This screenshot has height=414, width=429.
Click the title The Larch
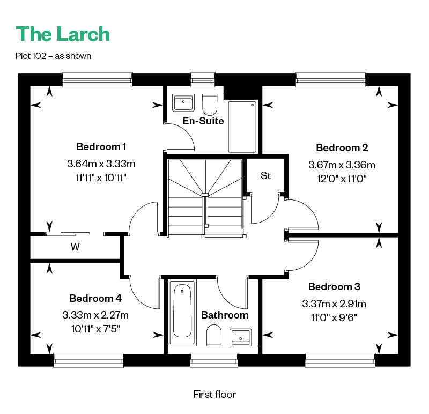click(x=63, y=34)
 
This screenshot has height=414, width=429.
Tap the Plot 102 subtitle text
click(x=53, y=56)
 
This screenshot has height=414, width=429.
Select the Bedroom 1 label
click(x=101, y=146)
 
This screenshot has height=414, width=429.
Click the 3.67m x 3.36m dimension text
click(x=342, y=165)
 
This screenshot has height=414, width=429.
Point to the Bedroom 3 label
click(x=334, y=286)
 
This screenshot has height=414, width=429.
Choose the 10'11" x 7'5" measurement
click(x=95, y=329)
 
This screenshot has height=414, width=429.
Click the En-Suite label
click(x=203, y=121)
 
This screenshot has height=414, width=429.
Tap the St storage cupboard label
click(x=265, y=176)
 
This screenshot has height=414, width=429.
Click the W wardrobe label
click(x=75, y=247)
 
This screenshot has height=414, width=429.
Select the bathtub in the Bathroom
click(x=182, y=312)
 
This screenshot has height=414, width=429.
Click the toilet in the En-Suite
click(x=210, y=105)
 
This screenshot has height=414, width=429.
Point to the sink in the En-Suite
click(x=183, y=103)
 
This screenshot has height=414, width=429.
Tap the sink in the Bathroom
click(x=240, y=337)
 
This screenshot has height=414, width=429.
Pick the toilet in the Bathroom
click(x=213, y=335)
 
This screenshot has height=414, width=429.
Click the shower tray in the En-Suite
click(x=242, y=127)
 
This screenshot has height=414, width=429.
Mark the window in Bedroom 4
click(x=88, y=360)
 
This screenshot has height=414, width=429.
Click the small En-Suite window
click(x=203, y=79)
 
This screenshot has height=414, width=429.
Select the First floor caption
click(x=214, y=394)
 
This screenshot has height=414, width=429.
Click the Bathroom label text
click(x=225, y=315)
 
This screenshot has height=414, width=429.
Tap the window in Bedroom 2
click(x=330, y=79)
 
